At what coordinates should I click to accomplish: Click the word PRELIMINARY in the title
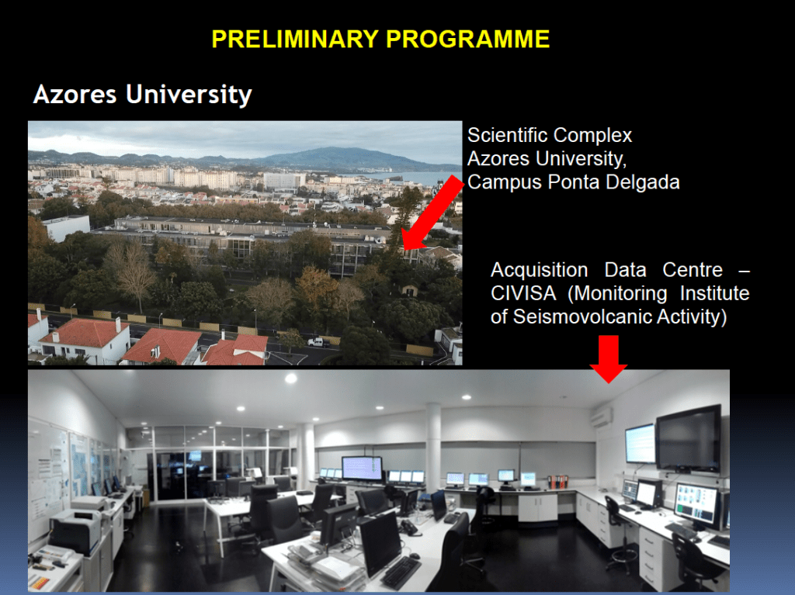[295, 39]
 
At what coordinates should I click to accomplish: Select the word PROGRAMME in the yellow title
[468, 39]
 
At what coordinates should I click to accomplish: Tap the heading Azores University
[143, 95]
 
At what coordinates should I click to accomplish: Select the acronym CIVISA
[523, 293]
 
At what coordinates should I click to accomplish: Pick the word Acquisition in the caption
[540, 270]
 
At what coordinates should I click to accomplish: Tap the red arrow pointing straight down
[609, 358]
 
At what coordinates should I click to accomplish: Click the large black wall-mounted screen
[689, 439]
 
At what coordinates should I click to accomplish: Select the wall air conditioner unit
[602, 417]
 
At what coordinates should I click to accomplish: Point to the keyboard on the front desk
[401, 572]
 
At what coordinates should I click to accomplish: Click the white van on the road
[318, 343]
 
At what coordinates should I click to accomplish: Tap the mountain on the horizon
[335, 157]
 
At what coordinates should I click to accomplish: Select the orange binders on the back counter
[557, 482]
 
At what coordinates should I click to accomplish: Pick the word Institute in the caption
[714, 293]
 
